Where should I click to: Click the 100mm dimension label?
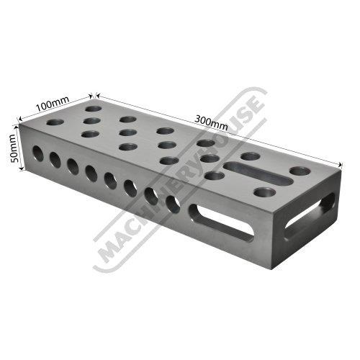click(53, 104)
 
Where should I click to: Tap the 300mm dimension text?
click(211, 122)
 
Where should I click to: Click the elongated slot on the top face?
click(258, 173)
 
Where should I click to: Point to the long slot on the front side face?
click(221, 222)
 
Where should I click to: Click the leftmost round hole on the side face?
click(38, 153)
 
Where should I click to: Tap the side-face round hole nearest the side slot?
click(173, 204)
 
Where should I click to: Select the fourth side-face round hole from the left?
click(91, 174)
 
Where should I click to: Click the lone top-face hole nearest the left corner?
click(55, 122)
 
